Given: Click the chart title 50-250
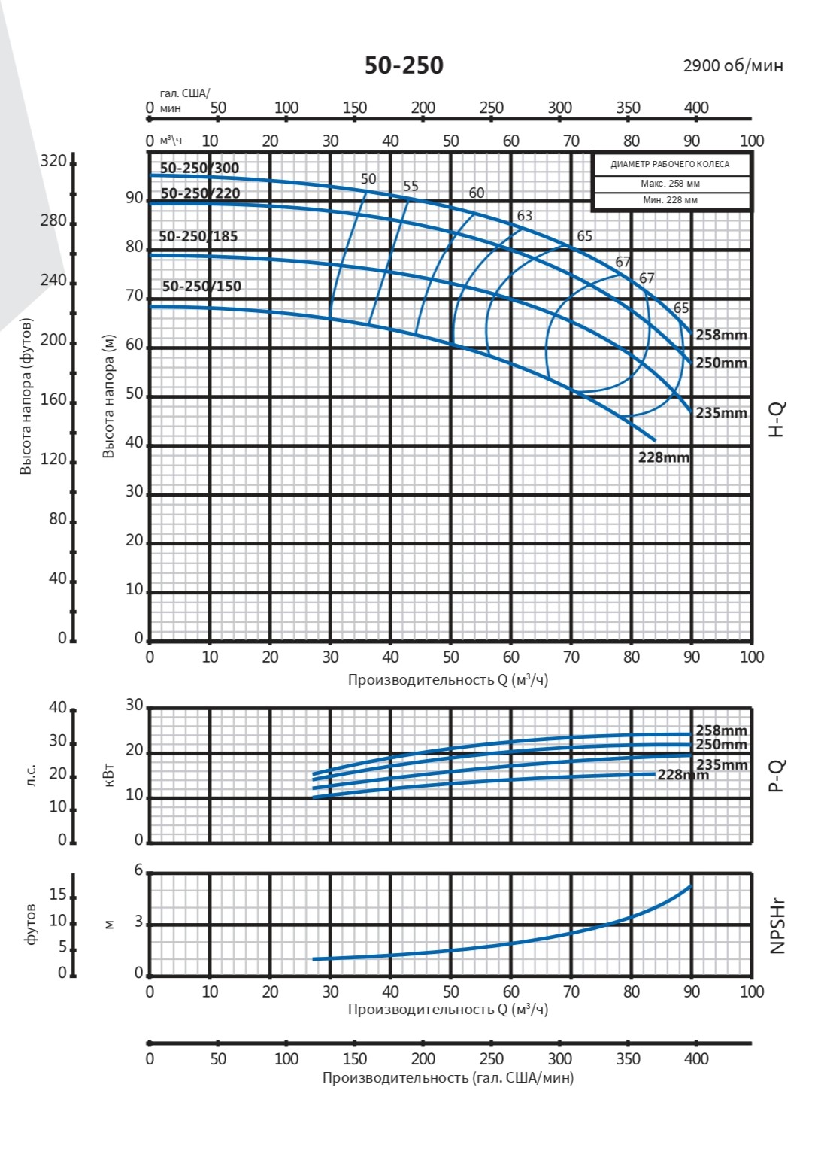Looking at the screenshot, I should [404, 66].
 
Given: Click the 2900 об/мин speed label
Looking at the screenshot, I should [732, 66].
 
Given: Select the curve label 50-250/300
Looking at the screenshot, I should [199, 169].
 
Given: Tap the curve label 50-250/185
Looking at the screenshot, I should [198, 236].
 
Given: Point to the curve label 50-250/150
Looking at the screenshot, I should [201, 287].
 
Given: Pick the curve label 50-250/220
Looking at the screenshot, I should [200, 193].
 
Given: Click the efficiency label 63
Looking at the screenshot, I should [524, 216].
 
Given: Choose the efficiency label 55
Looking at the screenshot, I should [411, 187].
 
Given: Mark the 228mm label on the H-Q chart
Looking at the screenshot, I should [663, 457].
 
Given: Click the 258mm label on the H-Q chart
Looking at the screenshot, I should [721, 336].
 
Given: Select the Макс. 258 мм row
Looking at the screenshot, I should [670, 184].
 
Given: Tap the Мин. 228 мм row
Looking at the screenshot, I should [670, 200].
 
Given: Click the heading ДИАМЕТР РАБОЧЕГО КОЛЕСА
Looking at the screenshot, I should [670, 164].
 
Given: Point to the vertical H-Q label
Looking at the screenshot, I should [777, 419].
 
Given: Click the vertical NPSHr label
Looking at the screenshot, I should [777, 925].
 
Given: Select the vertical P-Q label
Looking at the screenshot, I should [777, 776].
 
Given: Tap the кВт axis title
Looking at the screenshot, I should [109, 773].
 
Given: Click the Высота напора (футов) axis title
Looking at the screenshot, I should [26, 396].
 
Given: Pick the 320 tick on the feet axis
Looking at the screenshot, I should [53, 162].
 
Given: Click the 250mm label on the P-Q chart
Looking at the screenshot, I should [721, 745].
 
